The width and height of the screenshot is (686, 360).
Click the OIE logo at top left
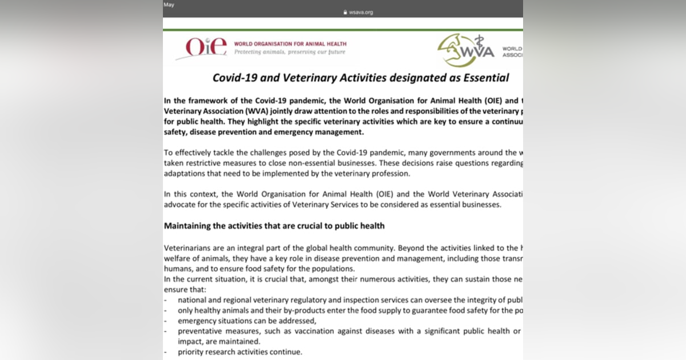pos(201,48)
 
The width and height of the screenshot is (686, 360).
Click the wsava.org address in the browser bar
pos(361,12)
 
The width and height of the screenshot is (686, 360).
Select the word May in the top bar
pos(169,5)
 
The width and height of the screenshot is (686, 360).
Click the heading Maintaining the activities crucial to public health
pos(274,226)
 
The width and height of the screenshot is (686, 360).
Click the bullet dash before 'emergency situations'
pos(166,321)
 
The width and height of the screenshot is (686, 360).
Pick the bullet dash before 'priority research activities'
pos(166,351)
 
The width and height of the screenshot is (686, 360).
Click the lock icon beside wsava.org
pos(345,12)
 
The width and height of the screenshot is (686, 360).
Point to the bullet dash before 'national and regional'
pos(166,300)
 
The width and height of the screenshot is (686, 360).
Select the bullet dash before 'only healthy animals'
pos(166,310)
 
